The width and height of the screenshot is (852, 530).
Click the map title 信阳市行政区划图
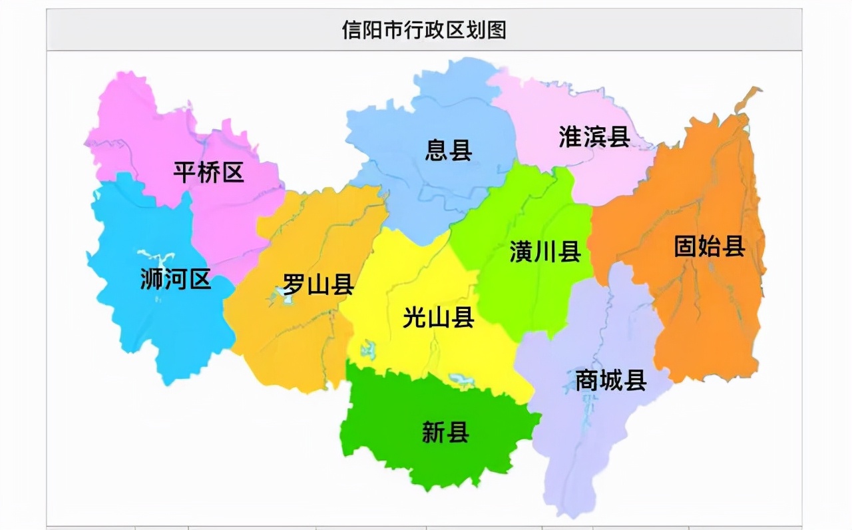(x=424, y=30)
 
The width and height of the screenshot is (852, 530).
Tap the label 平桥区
(x=209, y=172)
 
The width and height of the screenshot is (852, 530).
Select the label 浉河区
(x=176, y=279)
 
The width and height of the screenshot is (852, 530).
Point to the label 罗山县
(x=318, y=284)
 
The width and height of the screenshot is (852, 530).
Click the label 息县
(x=449, y=150)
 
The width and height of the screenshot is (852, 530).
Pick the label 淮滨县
(x=594, y=137)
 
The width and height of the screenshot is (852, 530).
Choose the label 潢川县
(x=545, y=252)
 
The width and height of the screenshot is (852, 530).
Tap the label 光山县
(x=439, y=318)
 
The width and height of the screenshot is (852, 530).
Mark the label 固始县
(x=710, y=246)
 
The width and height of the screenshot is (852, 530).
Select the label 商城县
(x=611, y=380)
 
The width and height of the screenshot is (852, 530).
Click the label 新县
(x=445, y=433)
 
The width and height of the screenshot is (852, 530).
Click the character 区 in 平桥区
(x=233, y=172)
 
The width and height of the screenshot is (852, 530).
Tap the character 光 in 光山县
(x=415, y=318)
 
